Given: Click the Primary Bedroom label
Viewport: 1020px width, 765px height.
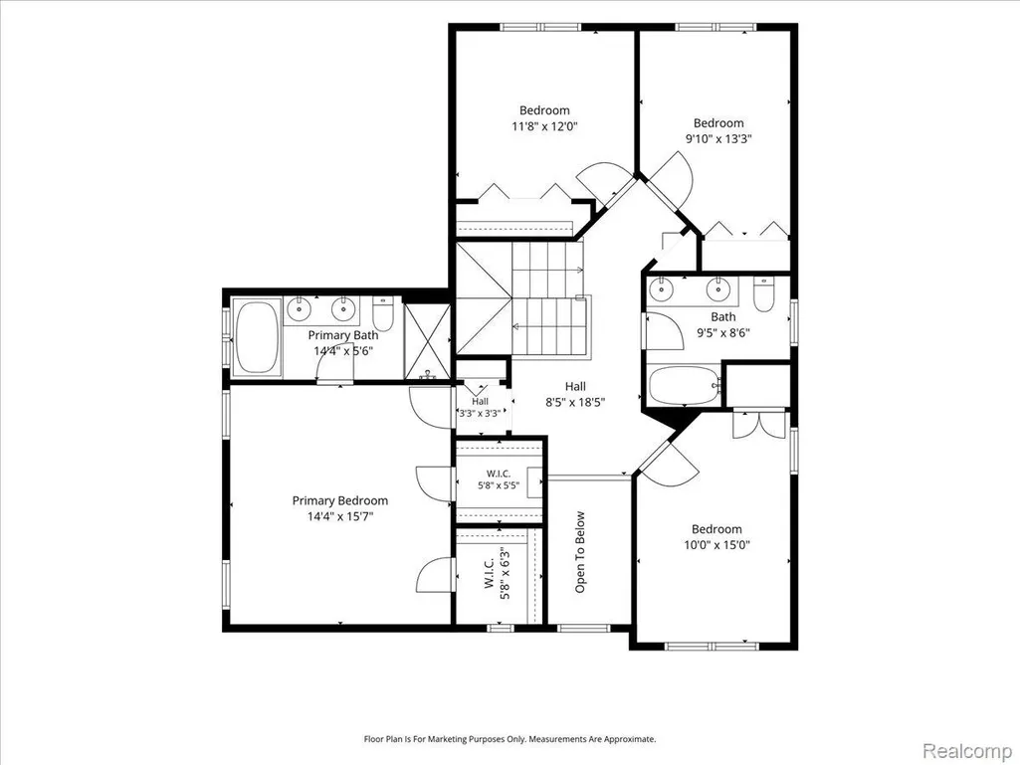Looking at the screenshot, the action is (x=339, y=501).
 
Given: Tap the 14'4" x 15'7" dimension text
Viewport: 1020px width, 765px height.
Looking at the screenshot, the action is (x=340, y=517).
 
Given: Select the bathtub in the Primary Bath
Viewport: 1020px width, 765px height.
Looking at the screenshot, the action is (x=257, y=337).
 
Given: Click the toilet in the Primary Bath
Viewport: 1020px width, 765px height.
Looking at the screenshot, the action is (x=384, y=313).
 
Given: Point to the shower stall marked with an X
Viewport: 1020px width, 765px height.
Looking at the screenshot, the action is (x=427, y=342).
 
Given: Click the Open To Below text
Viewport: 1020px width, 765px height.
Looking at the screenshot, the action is (x=580, y=552).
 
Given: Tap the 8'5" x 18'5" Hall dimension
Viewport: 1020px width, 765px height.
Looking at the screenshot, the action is (x=575, y=403).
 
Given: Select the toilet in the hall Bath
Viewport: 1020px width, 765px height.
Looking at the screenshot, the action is (x=763, y=294).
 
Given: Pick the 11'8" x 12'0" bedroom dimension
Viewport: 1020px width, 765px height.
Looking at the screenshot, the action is (x=544, y=126).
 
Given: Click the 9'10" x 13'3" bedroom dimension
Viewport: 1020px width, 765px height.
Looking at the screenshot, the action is (x=718, y=138).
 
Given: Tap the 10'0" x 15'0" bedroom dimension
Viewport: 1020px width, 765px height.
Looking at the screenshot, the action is (x=716, y=545).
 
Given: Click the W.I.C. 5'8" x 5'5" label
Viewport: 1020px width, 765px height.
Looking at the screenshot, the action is (x=499, y=478).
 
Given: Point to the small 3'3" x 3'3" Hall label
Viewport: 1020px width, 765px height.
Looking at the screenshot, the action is (x=480, y=407).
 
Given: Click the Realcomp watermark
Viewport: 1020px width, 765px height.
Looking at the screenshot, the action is (x=967, y=751).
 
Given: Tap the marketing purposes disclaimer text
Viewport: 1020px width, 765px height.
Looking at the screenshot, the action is (x=510, y=739).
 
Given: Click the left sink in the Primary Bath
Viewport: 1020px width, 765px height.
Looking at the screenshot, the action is (x=299, y=308).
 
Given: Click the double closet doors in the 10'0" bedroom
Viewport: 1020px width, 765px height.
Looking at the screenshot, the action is (x=758, y=424).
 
